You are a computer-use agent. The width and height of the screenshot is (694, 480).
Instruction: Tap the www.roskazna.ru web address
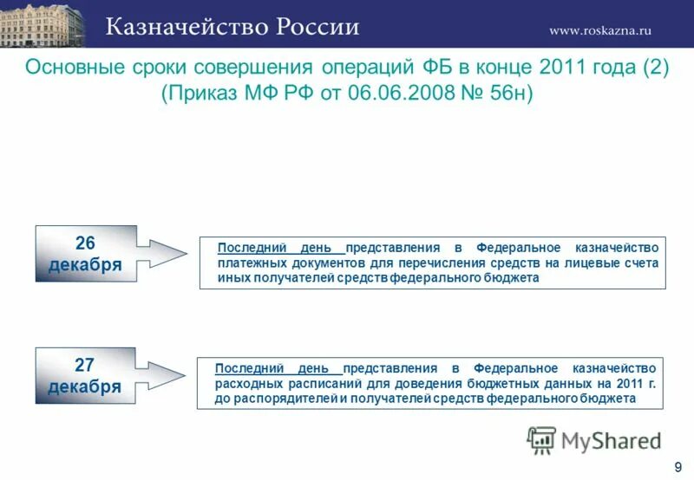[599, 30]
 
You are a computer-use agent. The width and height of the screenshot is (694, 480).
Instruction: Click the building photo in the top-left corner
[43, 23]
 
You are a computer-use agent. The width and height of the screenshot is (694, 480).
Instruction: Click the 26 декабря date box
[86, 254]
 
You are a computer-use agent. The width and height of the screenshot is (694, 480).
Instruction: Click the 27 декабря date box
[85, 375]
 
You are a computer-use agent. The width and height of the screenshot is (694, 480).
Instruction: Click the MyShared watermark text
[611, 441]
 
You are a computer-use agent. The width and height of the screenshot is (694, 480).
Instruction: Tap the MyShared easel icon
[541, 440]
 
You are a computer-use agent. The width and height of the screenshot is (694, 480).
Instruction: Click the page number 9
[677, 468]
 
